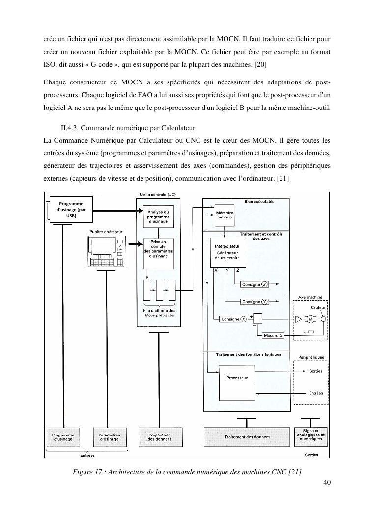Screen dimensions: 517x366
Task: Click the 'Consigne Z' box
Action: click(x=254, y=284)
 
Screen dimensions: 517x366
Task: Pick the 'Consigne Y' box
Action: click(x=254, y=301)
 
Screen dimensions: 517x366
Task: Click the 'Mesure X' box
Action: click(x=273, y=336)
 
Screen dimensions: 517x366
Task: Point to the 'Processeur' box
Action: click(x=237, y=378)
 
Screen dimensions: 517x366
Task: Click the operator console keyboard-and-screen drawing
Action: click(x=106, y=251)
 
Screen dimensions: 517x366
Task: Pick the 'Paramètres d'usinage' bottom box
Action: click(x=110, y=437)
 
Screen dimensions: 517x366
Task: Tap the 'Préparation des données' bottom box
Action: click(x=159, y=437)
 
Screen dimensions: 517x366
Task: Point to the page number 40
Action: click(x=326, y=482)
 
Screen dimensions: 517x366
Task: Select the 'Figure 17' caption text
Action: click(x=186, y=472)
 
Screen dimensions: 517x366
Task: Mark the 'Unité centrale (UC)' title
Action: click(x=157, y=194)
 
